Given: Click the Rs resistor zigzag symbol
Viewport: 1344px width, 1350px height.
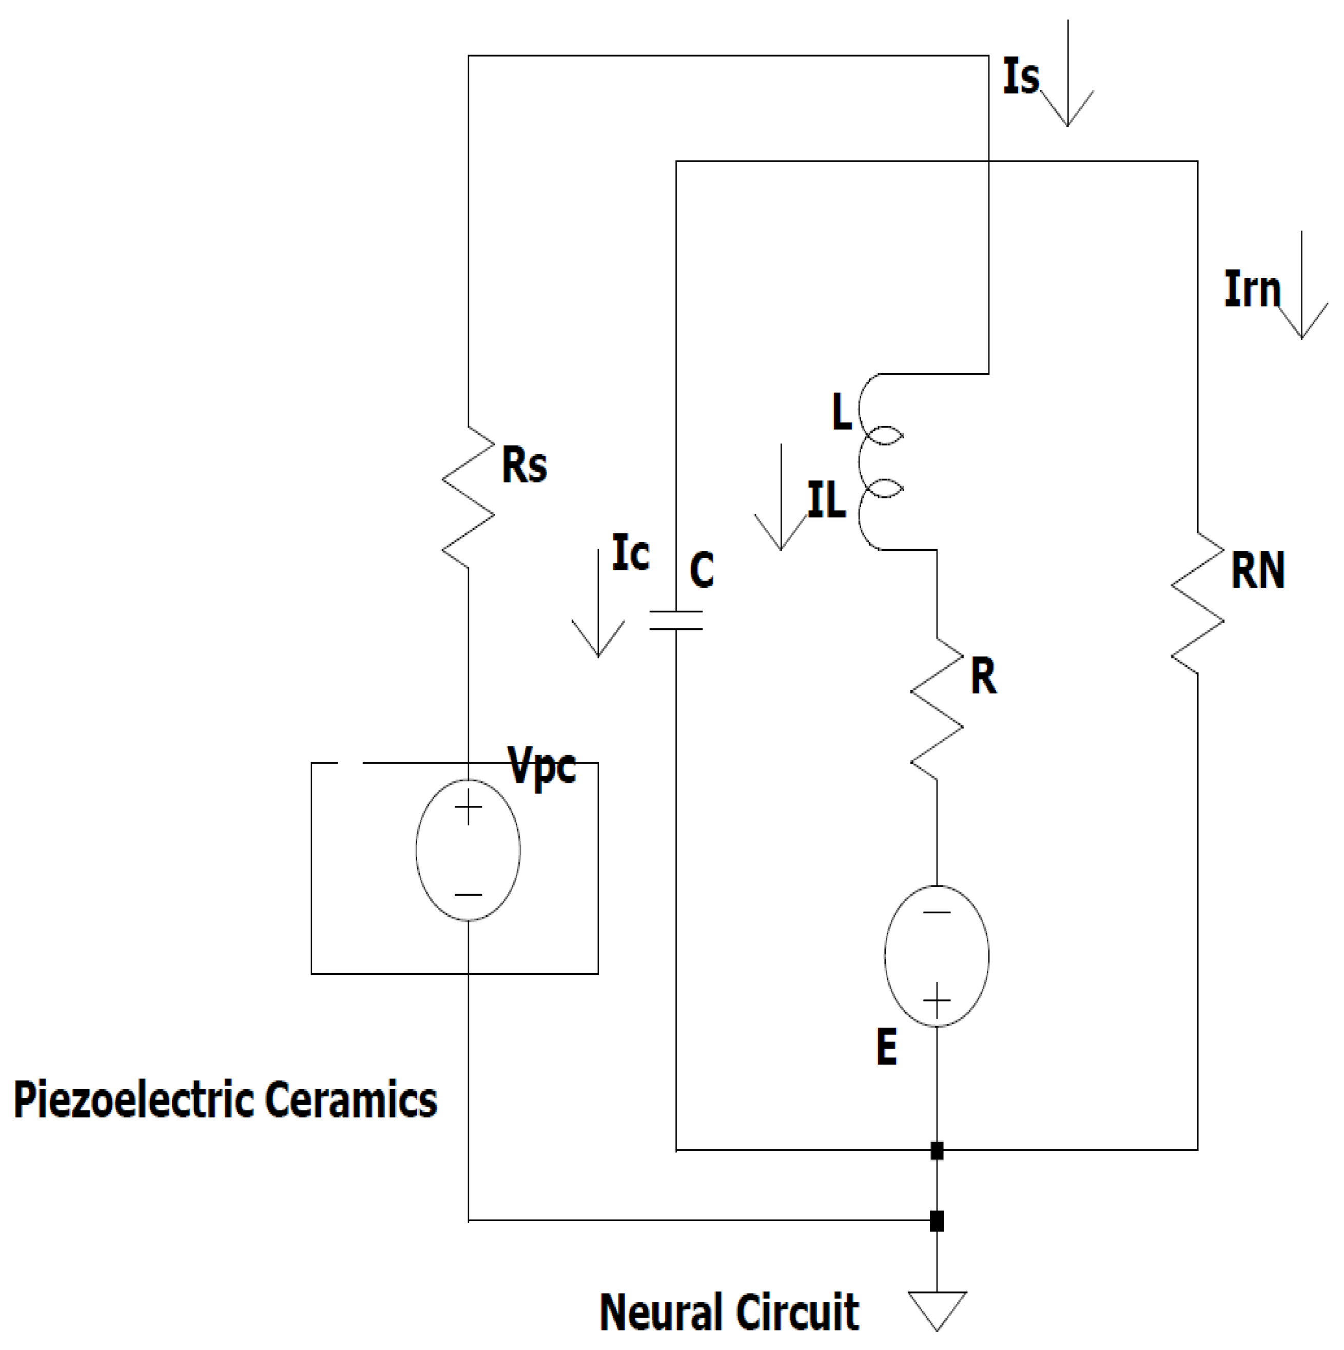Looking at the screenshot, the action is [468, 497].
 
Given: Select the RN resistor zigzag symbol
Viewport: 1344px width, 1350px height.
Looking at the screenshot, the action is [1197, 603].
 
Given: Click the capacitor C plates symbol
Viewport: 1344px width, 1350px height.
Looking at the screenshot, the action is [675, 620].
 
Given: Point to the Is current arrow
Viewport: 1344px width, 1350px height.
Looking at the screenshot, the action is [1067, 73].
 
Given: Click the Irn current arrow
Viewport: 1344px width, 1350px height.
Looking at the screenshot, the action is [1301, 285].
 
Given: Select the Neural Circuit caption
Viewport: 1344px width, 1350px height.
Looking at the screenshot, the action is [729, 1312].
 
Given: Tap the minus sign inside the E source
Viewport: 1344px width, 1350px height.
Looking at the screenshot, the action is [937, 912].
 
